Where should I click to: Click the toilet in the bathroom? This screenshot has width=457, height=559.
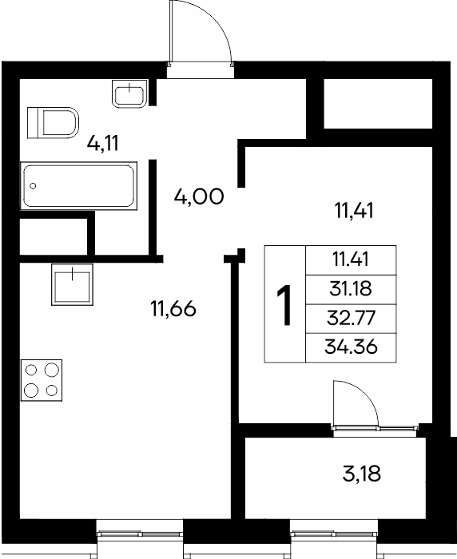coord(54,123)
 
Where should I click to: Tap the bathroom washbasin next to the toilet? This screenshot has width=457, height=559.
coord(129,93)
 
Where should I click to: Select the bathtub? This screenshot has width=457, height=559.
coord(78,186)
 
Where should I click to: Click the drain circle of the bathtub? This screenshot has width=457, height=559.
coord(34,186)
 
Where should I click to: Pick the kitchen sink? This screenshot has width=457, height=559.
coord(72,284)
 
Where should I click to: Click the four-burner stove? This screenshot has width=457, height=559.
coord(42,380)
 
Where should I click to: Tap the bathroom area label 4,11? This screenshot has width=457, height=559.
coord(102,143)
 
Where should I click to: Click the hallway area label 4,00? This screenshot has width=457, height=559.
coord(199,196)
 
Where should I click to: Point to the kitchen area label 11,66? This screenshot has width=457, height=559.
coord(173,308)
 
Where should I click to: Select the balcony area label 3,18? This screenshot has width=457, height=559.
coord(361,474)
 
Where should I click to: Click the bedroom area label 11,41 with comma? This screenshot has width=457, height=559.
coord(354,210)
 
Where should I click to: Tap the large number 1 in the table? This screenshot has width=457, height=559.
coord(285,305)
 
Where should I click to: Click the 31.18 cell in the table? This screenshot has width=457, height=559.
coord(351,289)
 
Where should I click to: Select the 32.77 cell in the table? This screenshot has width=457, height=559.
coord(351,318)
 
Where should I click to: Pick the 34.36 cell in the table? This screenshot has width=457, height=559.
coord(351,347)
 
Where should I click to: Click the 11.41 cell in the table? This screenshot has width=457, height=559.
coord(351,260)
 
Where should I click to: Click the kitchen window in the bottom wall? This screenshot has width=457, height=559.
coord(140,533)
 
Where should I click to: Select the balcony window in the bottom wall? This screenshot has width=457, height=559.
coord(334,533)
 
